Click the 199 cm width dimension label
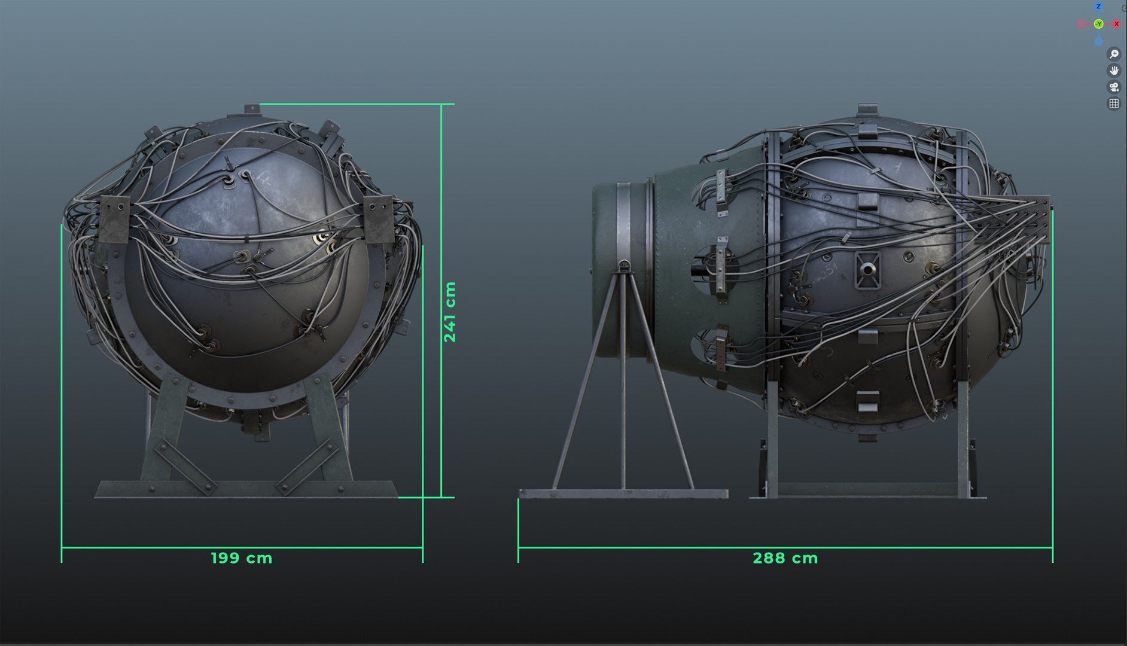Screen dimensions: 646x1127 pyautogui.click(x=241, y=558)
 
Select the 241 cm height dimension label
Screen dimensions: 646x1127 pyautogui.click(x=450, y=312)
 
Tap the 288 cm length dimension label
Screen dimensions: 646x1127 pyautogui.click(x=785, y=558)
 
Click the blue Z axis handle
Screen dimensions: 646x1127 pyautogui.click(x=1098, y=7)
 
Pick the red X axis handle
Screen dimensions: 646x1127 pyautogui.click(x=1116, y=24)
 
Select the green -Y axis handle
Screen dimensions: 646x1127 pyautogui.click(x=1098, y=24)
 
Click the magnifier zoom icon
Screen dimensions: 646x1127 pyautogui.click(x=1114, y=54)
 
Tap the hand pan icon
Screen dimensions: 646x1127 pyautogui.click(x=1114, y=71)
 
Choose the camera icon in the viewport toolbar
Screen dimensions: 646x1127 pyautogui.click(x=1114, y=87)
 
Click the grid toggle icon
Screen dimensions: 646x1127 pyautogui.click(x=1114, y=103)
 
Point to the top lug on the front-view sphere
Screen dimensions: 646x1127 pyautogui.click(x=252, y=109)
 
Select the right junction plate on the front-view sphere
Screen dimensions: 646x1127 pyautogui.click(x=379, y=218)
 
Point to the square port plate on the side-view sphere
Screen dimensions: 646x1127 pyautogui.click(x=867, y=269)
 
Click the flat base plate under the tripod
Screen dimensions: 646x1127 pyautogui.click(x=623, y=494)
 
